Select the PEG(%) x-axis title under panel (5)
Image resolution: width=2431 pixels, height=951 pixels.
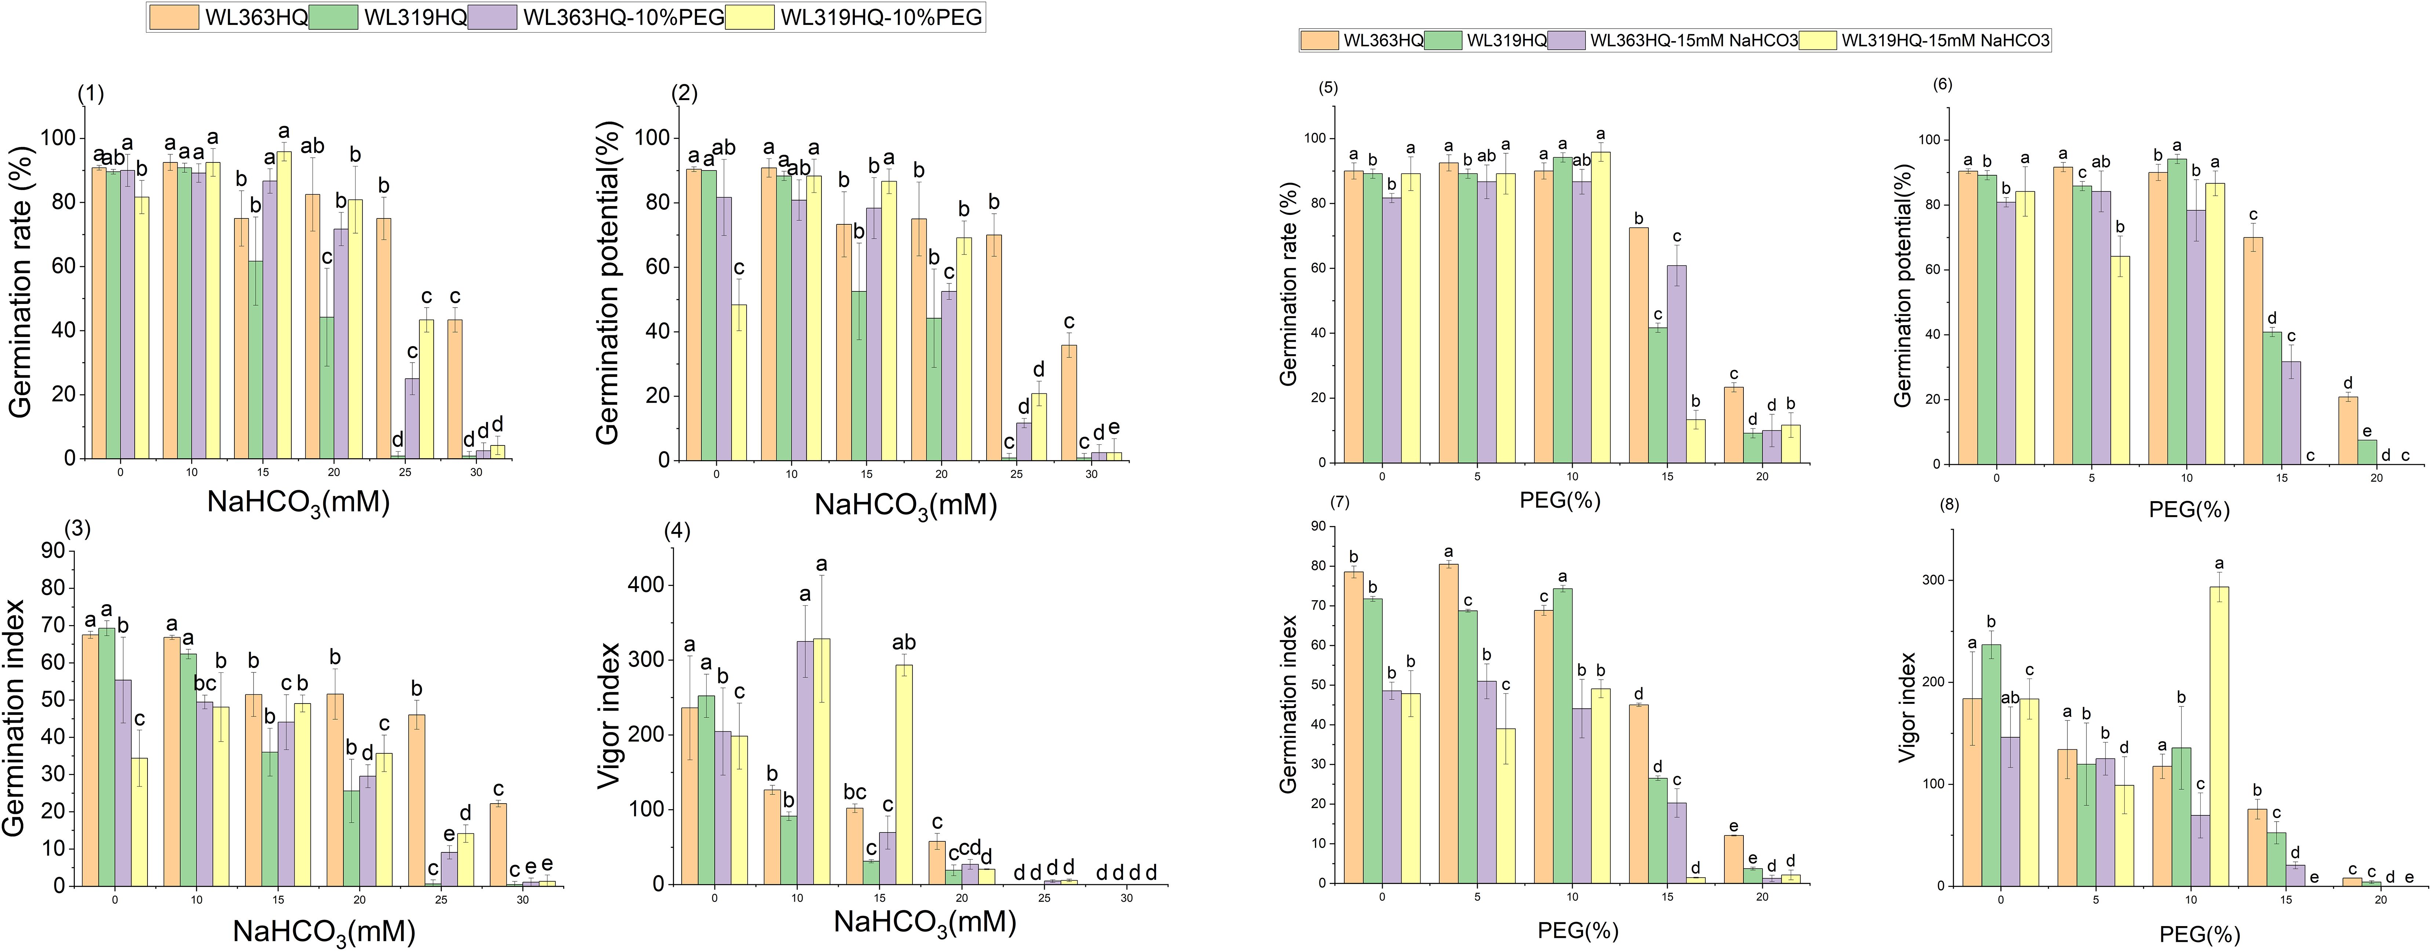coord(1560,500)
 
